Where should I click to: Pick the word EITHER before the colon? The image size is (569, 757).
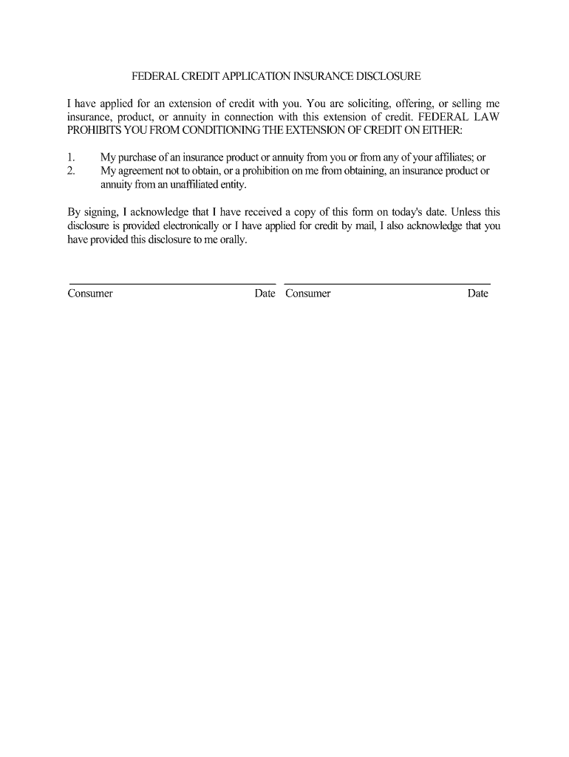pyautogui.click(x=441, y=131)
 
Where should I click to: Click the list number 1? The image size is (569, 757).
pyautogui.click(x=71, y=157)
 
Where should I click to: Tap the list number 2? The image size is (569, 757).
pyautogui.click(x=71, y=171)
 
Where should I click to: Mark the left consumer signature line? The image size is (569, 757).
pyautogui.click(x=171, y=283)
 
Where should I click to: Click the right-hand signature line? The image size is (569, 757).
pyautogui.click(x=387, y=283)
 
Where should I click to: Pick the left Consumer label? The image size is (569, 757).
pyautogui.click(x=90, y=293)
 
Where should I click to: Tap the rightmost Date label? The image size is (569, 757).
pyautogui.click(x=477, y=293)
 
